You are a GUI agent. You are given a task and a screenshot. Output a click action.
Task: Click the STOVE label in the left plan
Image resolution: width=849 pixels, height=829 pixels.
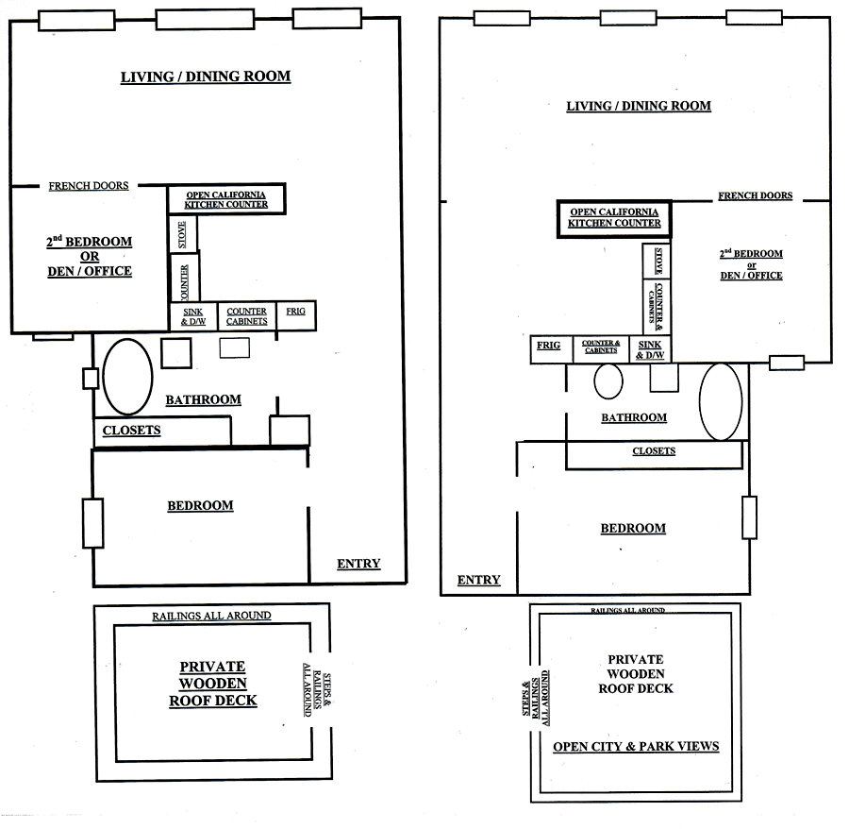point(183,234)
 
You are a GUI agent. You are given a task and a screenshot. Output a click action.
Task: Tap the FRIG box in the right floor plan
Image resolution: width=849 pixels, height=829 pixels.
point(548,347)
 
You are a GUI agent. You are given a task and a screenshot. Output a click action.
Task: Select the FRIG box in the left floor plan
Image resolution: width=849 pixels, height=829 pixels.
point(294,314)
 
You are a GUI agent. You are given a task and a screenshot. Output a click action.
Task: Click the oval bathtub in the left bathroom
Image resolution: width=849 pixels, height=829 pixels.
point(127,374)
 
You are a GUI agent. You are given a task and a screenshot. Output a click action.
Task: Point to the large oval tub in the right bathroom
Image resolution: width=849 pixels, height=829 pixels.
point(722,400)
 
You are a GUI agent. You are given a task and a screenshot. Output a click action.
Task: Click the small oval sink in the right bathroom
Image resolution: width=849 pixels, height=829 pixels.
point(608,381)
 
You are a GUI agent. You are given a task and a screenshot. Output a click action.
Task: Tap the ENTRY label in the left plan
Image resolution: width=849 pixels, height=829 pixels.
point(358,564)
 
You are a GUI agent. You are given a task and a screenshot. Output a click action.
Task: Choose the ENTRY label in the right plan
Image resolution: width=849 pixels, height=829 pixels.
point(478,580)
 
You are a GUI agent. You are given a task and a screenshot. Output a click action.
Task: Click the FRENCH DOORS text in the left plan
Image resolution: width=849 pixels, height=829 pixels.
point(89,186)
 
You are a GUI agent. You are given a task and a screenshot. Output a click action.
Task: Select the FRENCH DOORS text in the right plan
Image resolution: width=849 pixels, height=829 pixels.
point(755,196)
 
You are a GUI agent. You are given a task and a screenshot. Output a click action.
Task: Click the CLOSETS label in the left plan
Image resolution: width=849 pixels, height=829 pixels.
point(131,431)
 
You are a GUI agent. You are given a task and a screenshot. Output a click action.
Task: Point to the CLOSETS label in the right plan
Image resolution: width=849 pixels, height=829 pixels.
point(654,451)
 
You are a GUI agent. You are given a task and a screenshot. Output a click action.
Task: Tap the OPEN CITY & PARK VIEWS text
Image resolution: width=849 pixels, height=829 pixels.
point(636,747)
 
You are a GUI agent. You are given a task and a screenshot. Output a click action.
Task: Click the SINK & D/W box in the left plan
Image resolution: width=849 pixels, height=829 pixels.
point(191,316)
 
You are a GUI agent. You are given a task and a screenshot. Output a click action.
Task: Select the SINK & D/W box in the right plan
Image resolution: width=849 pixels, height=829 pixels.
point(651,349)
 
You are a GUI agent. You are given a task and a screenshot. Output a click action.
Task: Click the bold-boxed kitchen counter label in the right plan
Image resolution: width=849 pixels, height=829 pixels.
point(615,218)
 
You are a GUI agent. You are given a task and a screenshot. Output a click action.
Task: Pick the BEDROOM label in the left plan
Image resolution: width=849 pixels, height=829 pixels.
point(200,505)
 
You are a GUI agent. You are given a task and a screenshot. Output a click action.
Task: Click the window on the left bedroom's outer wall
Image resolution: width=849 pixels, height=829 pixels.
point(92,522)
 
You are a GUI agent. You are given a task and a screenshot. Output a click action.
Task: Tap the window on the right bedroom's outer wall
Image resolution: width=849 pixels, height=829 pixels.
point(749,517)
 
